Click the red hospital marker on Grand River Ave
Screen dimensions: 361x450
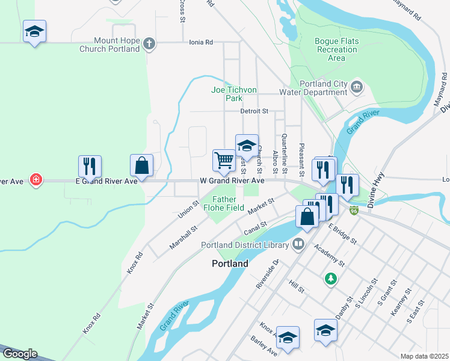[x=36, y=180]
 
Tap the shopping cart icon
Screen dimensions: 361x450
[x=224, y=160]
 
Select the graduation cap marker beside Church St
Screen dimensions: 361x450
[x=247, y=145]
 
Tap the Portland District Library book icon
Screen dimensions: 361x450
[x=298, y=244]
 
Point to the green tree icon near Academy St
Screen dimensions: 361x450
[x=330, y=279]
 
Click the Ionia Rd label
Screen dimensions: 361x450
[x=200, y=43]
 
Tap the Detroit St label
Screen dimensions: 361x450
[x=253, y=111]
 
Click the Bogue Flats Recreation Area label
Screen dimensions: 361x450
[x=336, y=49]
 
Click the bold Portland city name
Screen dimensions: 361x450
[x=230, y=264]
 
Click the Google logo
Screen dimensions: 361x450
[x=19, y=354]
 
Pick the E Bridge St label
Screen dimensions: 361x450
[x=342, y=233]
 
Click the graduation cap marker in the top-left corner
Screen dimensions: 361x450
[x=35, y=31]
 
